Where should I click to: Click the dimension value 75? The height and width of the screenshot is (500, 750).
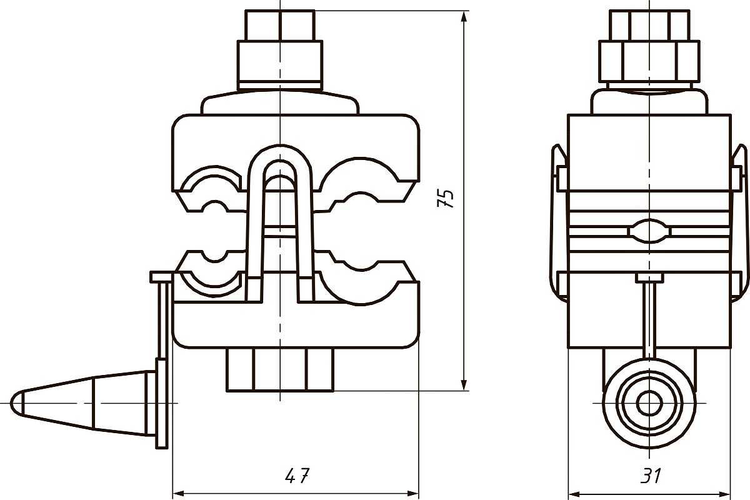click(x=446, y=199)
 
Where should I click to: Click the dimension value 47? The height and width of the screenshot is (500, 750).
click(x=297, y=476)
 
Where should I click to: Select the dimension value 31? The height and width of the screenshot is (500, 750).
click(x=651, y=476)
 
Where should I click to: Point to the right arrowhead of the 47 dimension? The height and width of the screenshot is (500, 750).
click(x=413, y=494)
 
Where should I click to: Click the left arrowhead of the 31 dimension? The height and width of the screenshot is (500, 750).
click(x=574, y=494)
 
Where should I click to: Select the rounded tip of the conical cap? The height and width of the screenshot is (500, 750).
click(x=17, y=403)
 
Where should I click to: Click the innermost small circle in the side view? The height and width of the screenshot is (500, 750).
click(x=649, y=404)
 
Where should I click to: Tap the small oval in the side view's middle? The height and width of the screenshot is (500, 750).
click(x=649, y=231)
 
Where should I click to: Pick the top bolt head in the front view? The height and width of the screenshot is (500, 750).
click(x=280, y=26)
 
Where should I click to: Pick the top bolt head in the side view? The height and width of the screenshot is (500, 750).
click(x=649, y=26)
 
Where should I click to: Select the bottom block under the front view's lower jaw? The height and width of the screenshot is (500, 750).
click(x=280, y=370)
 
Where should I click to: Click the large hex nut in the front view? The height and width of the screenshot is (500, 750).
click(x=280, y=65)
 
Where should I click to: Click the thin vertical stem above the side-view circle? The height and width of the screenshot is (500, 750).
click(x=649, y=321)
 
